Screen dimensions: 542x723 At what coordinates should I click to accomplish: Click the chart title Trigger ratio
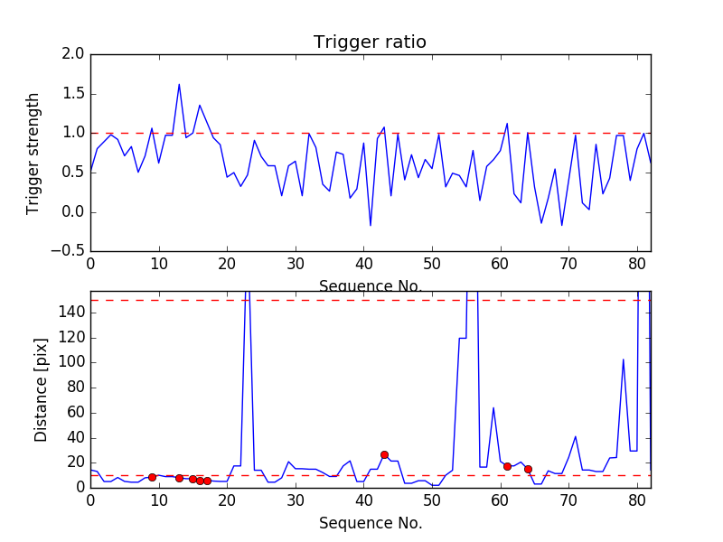coord(370,42)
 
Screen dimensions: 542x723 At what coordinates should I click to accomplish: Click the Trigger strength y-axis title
coord(33,153)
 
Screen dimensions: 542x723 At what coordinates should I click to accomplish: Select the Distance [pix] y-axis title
coord(41,388)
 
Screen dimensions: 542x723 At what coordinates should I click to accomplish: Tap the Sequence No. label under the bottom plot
coord(370,523)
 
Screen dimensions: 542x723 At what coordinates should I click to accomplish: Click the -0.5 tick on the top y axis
coord(69,251)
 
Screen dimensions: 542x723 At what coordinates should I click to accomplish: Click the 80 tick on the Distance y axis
coord(76,387)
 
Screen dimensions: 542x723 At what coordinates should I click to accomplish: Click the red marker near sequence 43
coord(384,454)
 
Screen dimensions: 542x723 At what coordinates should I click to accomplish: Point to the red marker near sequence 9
coord(152,476)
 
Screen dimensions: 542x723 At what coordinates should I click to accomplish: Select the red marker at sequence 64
coord(528,469)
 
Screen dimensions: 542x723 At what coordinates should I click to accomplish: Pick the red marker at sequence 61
coord(507,466)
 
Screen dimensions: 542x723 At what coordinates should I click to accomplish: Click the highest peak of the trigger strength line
coord(179,84)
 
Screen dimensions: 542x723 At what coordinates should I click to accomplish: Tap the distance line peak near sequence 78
coord(623,360)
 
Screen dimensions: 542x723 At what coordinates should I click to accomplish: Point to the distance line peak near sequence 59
coord(493,407)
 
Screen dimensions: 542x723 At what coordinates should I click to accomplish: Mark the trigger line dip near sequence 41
coord(371,225)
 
